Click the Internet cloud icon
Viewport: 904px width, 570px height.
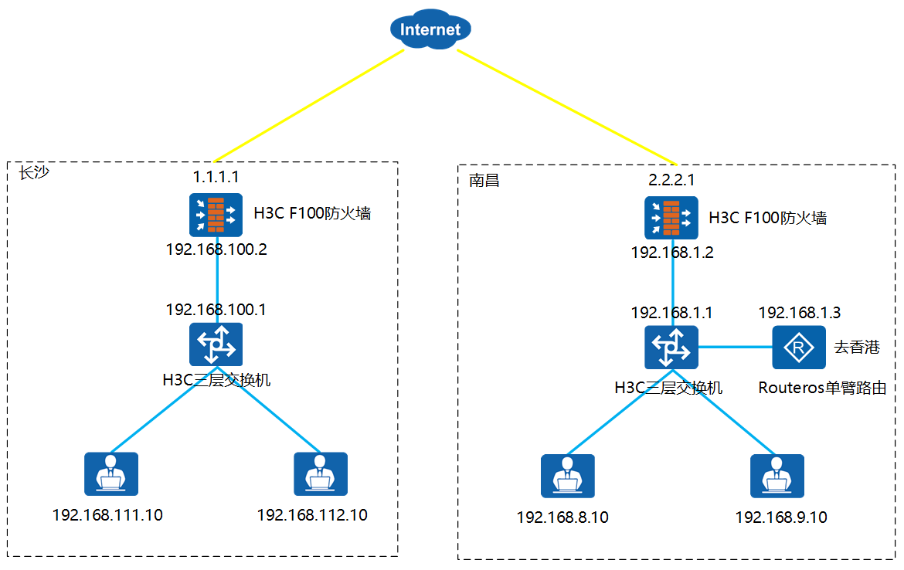coord(431,30)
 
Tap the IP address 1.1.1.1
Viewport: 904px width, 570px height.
coord(216,178)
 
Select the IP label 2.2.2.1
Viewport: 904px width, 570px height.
coord(671,181)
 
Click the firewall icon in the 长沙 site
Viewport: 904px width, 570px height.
coord(216,215)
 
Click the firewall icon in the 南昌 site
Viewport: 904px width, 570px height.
coord(671,218)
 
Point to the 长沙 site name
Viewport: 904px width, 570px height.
coord(33,172)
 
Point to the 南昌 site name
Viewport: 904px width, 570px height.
coord(484,181)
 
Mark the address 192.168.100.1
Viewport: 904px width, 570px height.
coord(216,310)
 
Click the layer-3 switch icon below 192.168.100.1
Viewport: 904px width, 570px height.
coord(216,344)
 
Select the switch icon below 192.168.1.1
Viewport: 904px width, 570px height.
coord(671,348)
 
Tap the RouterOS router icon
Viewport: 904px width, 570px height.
coord(799,348)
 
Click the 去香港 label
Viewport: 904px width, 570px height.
coord(857,348)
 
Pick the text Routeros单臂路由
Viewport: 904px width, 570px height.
coord(822,388)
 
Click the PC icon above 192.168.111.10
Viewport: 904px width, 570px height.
coord(111,474)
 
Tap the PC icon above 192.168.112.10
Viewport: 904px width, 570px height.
coord(321,474)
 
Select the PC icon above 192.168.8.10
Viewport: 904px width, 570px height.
coord(568,477)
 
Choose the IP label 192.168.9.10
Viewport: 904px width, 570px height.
coord(781,517)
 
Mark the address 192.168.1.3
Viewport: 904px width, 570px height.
coord(800,313)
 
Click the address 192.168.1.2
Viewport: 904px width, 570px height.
coord(671,253)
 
